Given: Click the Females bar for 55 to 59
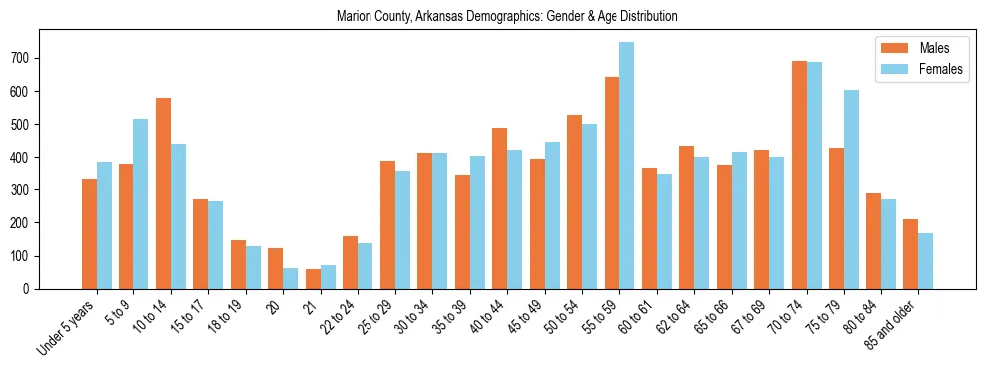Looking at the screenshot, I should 626,166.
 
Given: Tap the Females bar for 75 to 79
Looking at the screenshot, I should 851,189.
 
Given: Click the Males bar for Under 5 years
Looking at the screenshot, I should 89,234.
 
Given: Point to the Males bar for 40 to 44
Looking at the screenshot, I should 500,208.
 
